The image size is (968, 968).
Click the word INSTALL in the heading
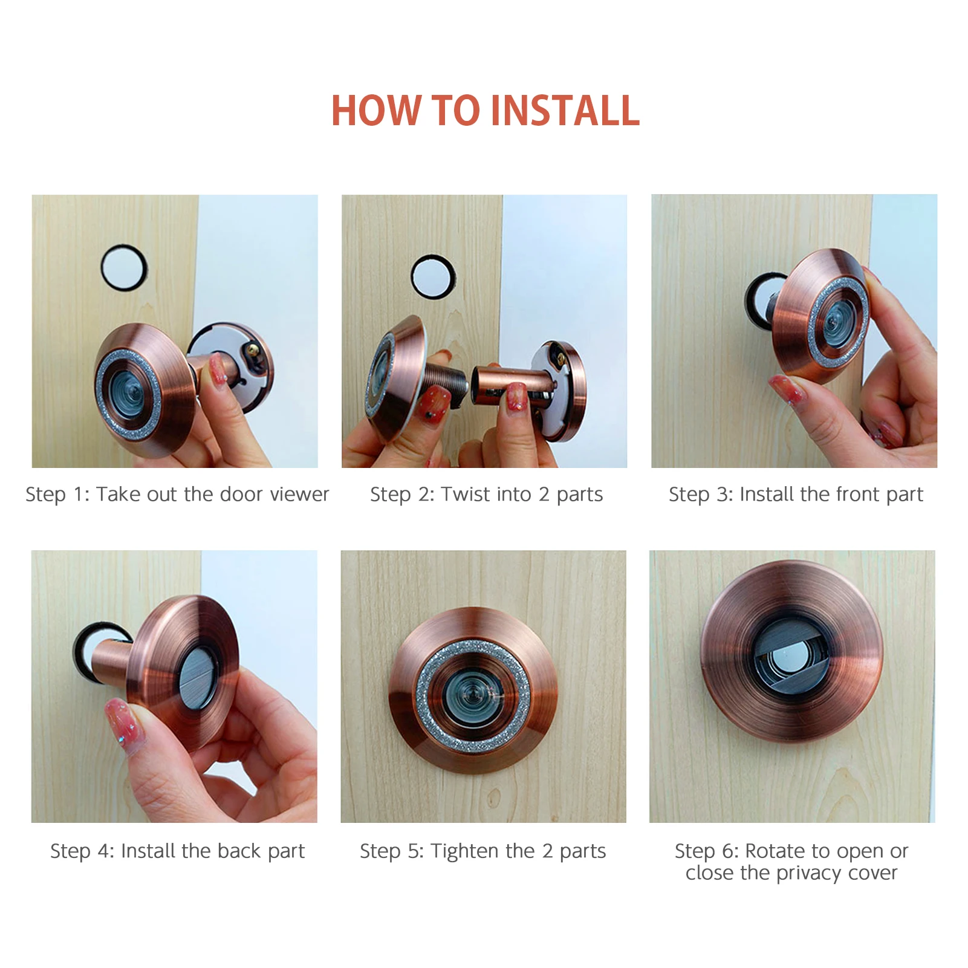click(x=565, y=111)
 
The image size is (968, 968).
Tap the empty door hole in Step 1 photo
click(x=123, y=268)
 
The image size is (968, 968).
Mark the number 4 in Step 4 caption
click(x=103, y=851)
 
